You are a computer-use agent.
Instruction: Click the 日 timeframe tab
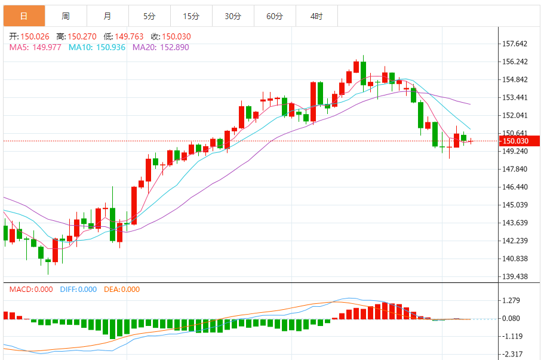pyautogui.click(x=24, y=16)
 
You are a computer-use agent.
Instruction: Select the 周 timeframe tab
pyautogui.click(x=66, y=16)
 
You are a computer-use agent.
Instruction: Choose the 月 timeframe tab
pyautogui.click(x=107, y=16)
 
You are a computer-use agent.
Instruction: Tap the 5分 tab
pyautogui.click(x=149, y=16)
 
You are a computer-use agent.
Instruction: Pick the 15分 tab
pyautogui.click(x=191, y=16)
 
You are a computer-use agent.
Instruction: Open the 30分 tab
pyautogui.click(x=233, y=16)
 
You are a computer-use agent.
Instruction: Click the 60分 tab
pyautogui.click(x=275, y=16)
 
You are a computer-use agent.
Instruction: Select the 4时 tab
pyautogui.click(x=316, y=16)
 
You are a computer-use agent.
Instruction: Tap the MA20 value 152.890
pyautogui.click(x=172, y=47)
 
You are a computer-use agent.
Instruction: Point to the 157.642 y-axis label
pyautogui.click(x=515, y=44)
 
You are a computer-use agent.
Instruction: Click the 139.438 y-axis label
pyautogui.click(x=515, y=276)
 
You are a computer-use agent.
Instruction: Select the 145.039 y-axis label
pyautogui.click(x=515, y=205)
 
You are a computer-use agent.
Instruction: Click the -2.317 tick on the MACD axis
pyautogui.click(x=513, y=354)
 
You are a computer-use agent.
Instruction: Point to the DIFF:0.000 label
pyautogui.click(x=78, y=290)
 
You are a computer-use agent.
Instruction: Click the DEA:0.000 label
pyautogui.click(x=122, y=290)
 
